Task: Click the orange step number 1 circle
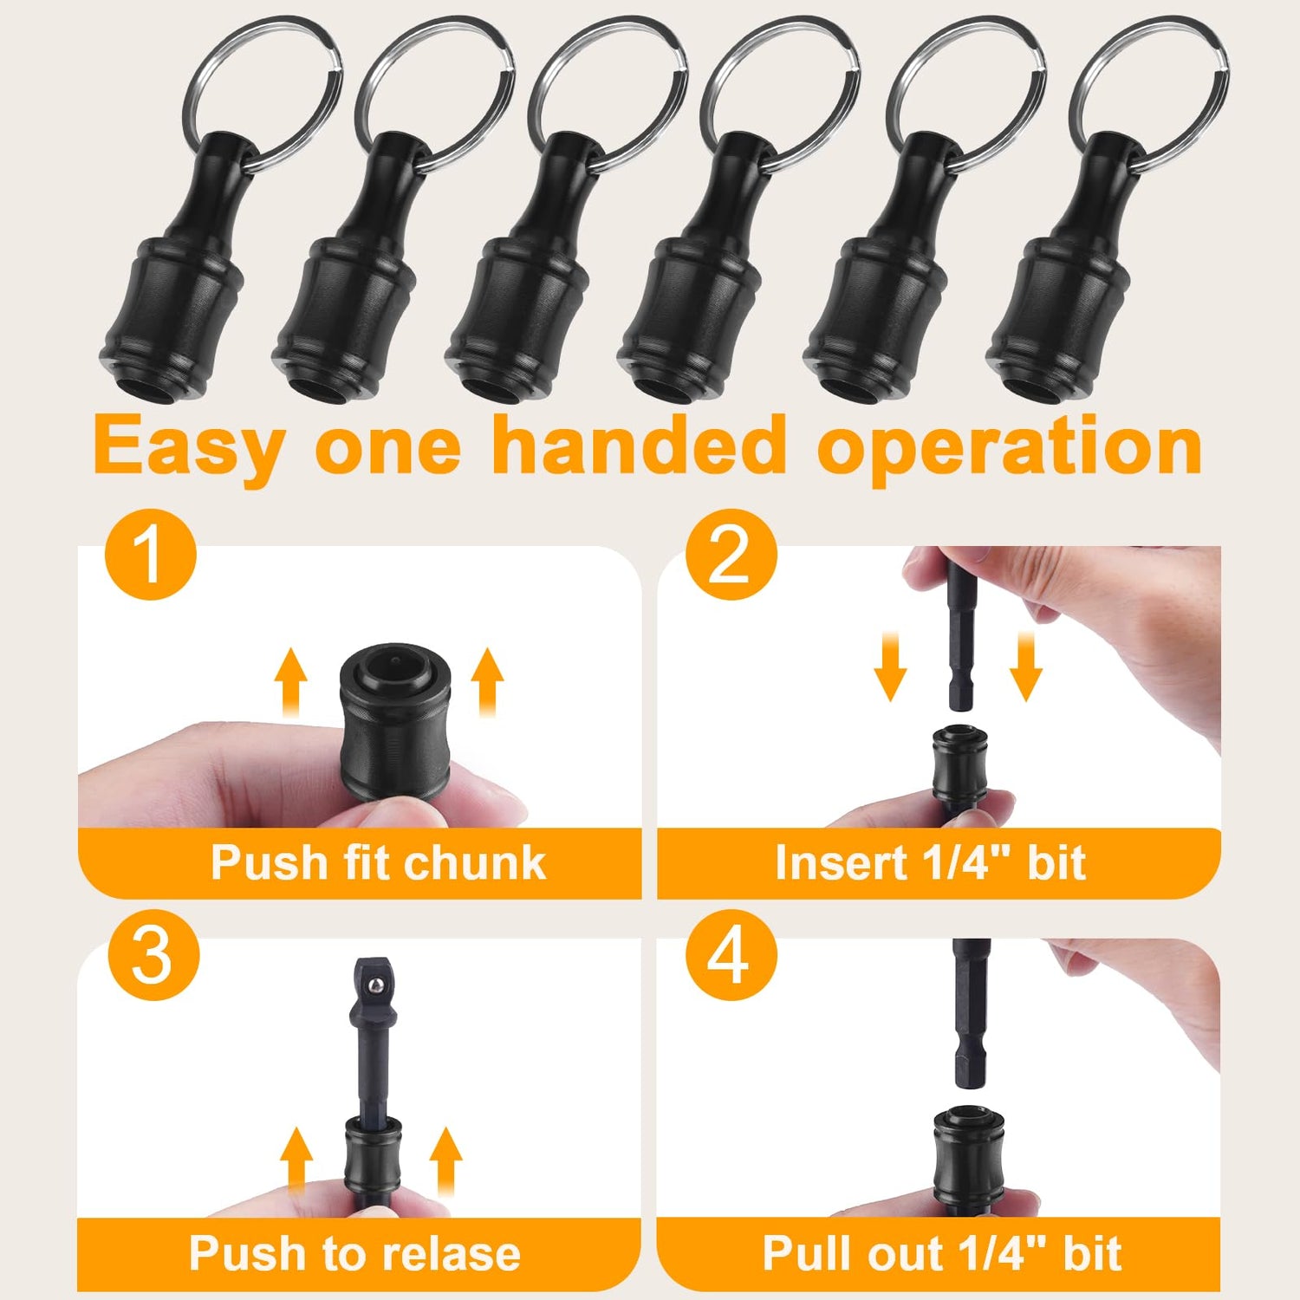click(151, 555)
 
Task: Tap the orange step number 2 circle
click(731, 555)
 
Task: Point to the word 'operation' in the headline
click(1011, 446)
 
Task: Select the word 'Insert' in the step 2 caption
click(838, 863)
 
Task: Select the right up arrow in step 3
click(446, 1161)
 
